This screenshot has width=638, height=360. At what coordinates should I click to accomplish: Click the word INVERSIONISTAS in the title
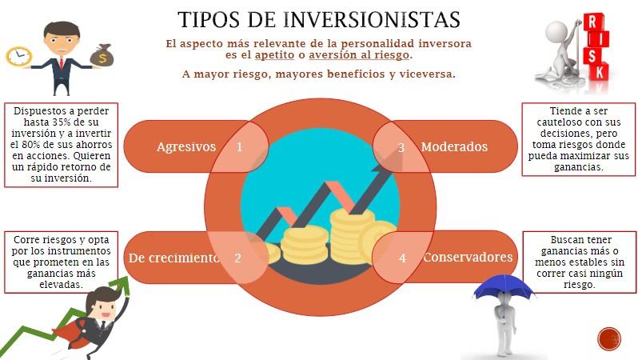(372, 19)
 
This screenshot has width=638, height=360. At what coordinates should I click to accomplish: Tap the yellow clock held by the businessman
(18, 57)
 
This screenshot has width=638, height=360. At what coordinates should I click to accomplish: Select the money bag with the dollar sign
(102, 55)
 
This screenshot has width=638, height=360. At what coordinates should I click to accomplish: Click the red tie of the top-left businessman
(62, 63)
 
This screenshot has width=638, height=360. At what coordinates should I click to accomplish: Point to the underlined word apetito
(275, 54)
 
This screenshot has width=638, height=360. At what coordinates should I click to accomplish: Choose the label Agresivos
(186, 146)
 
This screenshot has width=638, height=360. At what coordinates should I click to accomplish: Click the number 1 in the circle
(239, 146)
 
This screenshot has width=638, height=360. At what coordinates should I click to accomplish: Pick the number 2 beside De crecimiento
(237, 258)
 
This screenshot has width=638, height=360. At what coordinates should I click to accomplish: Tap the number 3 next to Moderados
(401, 147)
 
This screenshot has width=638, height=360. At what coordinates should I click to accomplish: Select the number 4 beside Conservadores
(402, 258)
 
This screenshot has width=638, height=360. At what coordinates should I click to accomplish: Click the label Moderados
(454, 146)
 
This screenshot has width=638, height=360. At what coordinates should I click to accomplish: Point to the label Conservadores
(468, 257)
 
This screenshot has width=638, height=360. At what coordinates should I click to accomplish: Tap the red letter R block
(593, 22)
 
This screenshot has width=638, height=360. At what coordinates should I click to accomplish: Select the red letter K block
(599, 72)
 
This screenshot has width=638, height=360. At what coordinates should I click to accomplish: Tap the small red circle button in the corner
(609, 338)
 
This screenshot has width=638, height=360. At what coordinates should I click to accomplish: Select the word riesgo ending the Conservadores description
(579, 285)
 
